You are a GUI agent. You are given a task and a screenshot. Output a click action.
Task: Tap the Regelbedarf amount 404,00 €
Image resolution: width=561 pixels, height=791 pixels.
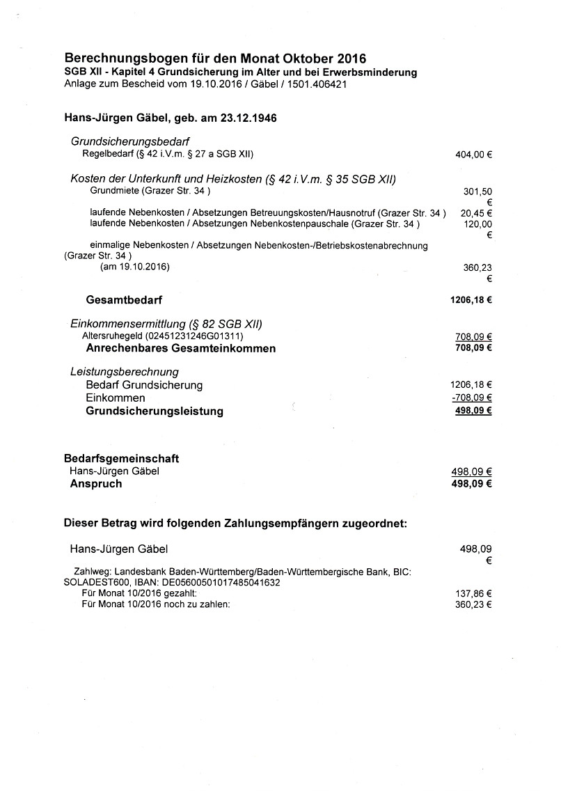click(473, 155)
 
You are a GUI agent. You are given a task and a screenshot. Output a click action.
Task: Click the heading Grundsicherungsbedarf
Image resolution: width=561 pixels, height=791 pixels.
click(131, 141)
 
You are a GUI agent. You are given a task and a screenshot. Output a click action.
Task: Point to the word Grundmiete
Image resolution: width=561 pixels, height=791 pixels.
click(114, 190)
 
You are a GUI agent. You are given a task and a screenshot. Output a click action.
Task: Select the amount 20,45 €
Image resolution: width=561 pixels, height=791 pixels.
click(476, 213)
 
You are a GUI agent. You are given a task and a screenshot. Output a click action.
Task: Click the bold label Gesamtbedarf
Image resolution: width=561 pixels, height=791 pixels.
click(124, 301)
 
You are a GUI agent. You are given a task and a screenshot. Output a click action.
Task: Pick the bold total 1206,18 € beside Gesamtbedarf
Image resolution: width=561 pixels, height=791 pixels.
click(471, 301)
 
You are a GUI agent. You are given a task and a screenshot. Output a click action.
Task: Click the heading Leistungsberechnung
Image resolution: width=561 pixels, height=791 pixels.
click(125, 371)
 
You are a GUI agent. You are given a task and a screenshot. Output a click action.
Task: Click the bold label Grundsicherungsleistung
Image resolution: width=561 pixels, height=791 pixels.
click(155, 412)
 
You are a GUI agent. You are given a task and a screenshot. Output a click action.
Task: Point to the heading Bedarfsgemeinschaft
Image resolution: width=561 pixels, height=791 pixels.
click(122, 459)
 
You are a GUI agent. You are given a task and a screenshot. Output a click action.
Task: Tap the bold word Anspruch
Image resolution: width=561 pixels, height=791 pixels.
click(96, 484)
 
